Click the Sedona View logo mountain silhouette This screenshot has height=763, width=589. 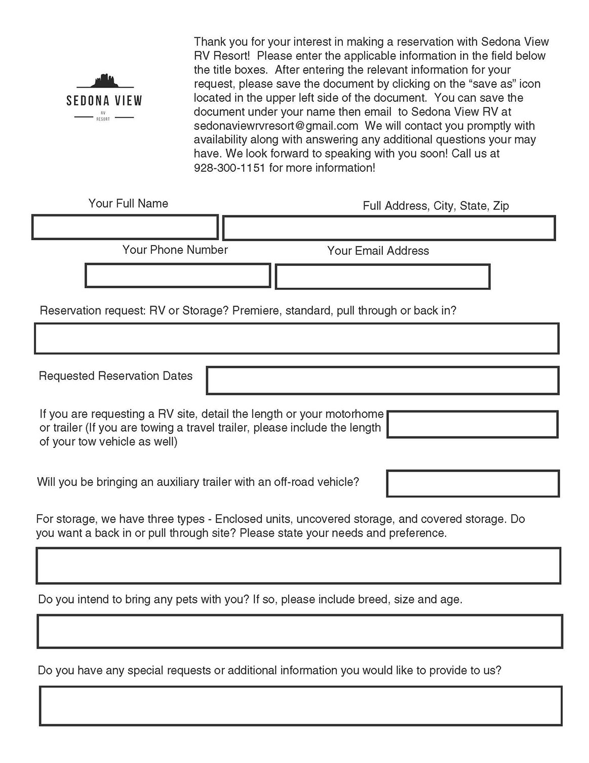[104, 81]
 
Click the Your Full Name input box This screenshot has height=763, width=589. [125, 227]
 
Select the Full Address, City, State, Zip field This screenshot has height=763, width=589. [389, 228]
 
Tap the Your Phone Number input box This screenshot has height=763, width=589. [178, 275]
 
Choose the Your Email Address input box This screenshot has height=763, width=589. [382, 277]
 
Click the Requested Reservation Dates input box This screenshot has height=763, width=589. [382, 380]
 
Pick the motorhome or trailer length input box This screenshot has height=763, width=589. [473, 425]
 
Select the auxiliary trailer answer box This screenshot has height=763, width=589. [473, 484]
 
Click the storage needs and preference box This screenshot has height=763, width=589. [298, 565]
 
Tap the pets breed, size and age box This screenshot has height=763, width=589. [299, 631]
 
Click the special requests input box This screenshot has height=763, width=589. [300, 706]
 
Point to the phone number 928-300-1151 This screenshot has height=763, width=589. [229, 168]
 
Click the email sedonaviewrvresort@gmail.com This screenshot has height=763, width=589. [276, 126]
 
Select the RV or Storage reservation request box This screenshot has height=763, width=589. [296, 338]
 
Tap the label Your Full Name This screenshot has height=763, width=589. [128, 204]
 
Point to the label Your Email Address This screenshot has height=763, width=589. [378, 251]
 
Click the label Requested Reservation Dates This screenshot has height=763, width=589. [115, 376]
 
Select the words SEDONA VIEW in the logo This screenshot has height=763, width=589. [104, 100]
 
